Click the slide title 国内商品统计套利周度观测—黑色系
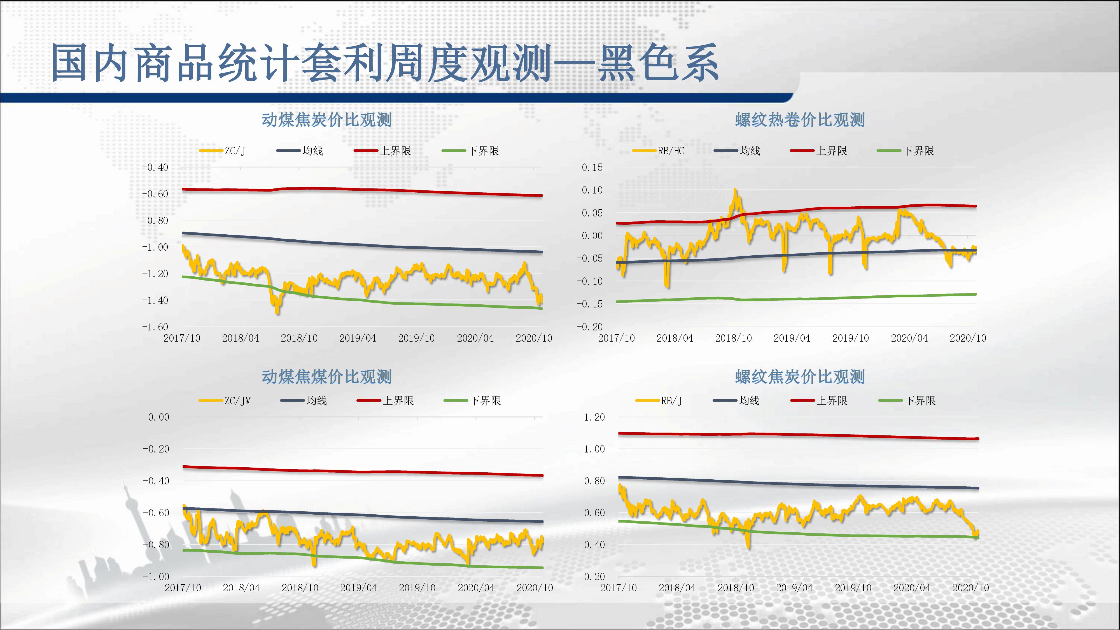click(384, 63)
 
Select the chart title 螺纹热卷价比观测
click(800, 120)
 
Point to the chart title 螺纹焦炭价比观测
click(800, 377)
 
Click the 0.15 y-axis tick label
click(592, 167)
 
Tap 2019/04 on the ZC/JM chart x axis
click(358, 588)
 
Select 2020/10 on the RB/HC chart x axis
click(968, 338)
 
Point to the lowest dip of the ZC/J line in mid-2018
click(277, 311)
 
